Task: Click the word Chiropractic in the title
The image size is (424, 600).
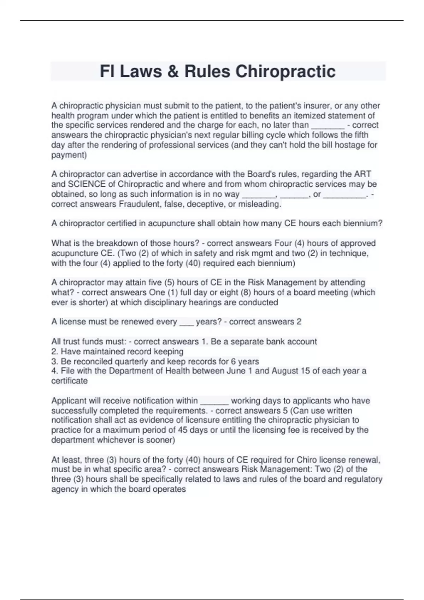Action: pos(285,71)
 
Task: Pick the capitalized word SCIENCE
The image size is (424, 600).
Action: pos(87,184)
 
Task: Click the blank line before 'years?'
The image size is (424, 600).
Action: pos(187,322)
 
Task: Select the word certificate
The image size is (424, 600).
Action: pos(69,381)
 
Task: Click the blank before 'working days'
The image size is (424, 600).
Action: pos(214,401)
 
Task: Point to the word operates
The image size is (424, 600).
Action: pos(171,489)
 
